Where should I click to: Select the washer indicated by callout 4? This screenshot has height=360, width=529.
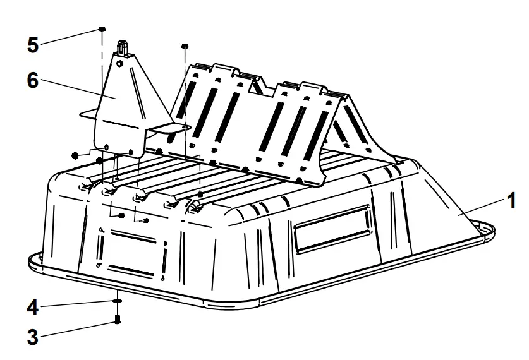click(117, 302)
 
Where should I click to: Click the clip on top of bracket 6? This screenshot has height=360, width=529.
click(124, 47)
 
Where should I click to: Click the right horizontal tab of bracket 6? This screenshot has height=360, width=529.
click(171, 126)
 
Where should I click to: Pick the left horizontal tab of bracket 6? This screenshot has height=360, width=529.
click(88, 116)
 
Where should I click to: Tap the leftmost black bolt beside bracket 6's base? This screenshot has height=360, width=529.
click(75, 154)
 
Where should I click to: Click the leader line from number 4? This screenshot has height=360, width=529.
click(79, 306)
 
